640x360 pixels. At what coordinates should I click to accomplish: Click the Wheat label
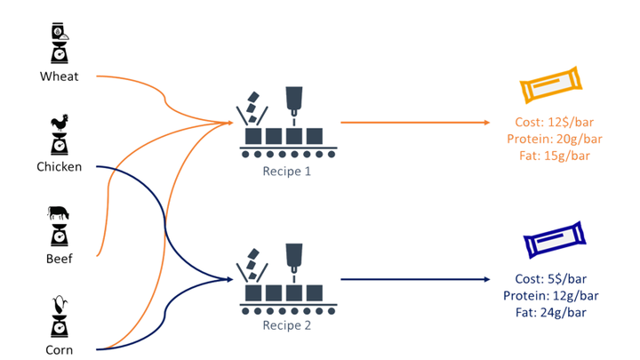pos(60,76)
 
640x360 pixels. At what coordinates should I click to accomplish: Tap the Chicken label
pos(60,167)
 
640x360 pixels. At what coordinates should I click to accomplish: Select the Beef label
pos(60,259)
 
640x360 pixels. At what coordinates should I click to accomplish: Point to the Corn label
pos(60,349)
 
